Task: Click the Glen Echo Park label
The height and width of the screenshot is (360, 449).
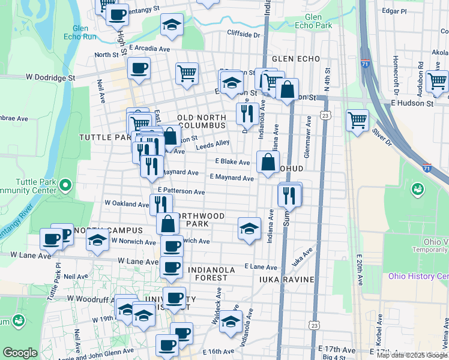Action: click(318, 22)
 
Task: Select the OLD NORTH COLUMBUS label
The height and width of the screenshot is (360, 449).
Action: click(200, 121)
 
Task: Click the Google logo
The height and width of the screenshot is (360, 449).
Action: click(20, 353)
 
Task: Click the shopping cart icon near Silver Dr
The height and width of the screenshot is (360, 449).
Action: click(358, 119)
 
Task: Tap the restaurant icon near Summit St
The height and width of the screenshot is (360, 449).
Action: click(289, 195)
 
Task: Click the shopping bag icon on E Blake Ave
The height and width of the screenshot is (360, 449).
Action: click(267, 161)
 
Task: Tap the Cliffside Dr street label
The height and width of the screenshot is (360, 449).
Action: click(243, 35)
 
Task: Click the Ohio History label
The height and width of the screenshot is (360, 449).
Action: click(418, 276)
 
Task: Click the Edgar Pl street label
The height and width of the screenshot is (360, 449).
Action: click(394, 11)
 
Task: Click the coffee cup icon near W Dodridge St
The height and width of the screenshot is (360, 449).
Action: click(139, 68)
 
